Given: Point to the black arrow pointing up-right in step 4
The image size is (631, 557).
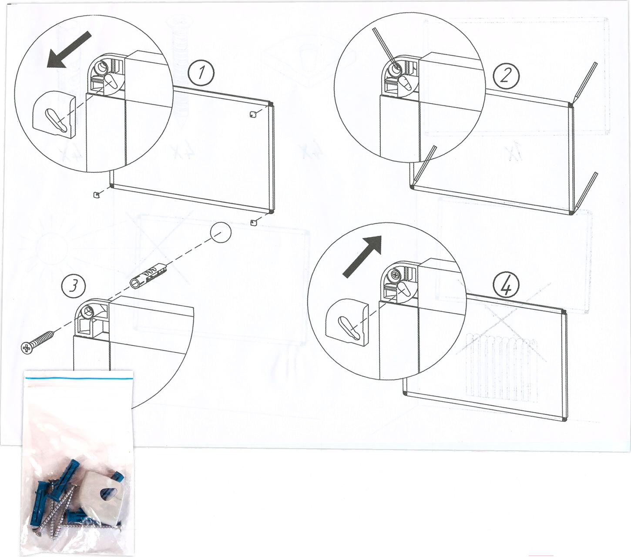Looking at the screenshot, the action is pyautogui.click(x=362, y=256).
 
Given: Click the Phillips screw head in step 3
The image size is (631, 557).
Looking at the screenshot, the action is pyautogui.click(x=27, y=348).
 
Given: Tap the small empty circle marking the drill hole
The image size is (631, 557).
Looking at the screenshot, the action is pyautogui.click(x=221, y=233).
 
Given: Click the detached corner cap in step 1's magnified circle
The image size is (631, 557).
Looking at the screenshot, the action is pyautogui.click(x=55, y=114).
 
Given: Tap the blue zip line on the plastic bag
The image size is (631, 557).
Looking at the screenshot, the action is pyautogui.click(x=79, y=378).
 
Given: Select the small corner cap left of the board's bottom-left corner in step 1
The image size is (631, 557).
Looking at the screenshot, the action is pyautogui.click(x=97, y=195).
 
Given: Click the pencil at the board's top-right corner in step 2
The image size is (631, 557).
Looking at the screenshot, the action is pyautogui.click(x=583, y=83).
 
